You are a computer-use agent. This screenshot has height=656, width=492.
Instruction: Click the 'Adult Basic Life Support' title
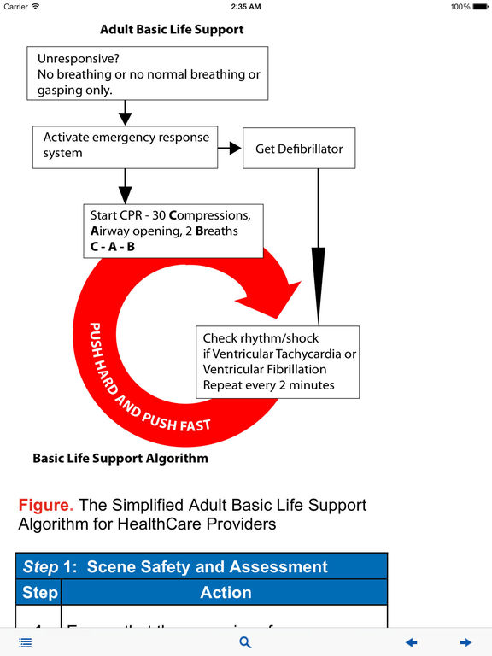pos(172,29)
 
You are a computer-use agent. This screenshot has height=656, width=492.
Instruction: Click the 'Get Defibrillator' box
pos(299,149)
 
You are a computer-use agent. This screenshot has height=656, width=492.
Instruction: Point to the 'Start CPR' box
pos(171,231)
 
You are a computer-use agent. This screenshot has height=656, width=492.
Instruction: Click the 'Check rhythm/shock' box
pos(278,361)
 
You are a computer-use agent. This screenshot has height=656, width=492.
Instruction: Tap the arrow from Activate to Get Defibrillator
pos(229,149)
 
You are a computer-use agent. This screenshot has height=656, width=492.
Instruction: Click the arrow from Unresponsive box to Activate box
pos(126,112)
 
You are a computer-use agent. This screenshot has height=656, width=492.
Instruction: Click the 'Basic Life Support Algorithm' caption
pos(120,458)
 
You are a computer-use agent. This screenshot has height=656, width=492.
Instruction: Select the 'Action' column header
pos(225,592)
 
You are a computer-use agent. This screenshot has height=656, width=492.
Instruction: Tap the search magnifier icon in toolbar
pos(245,642)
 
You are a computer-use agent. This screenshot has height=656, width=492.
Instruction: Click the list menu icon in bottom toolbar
pos(25,642)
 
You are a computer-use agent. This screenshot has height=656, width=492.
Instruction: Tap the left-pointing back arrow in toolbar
pos(412,642)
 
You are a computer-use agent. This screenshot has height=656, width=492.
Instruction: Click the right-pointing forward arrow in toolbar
pos(466,642)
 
